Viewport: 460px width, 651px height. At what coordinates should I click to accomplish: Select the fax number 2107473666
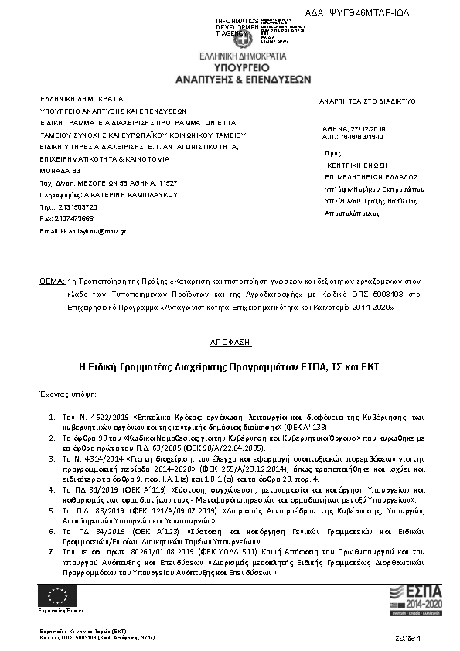coord(77,219)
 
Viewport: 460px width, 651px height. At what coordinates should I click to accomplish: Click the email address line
coord(83,230)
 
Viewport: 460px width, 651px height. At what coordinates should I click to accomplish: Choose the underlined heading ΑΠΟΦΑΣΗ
coord(230,340)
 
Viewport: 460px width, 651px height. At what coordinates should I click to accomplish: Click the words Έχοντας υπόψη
coord(67,394)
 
